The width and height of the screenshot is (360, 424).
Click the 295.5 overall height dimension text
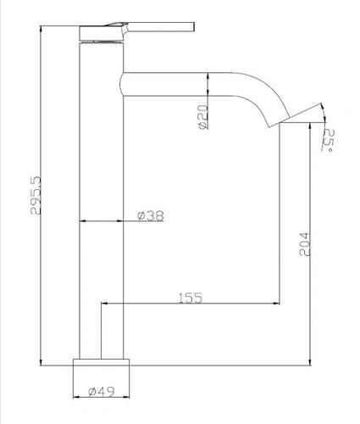point(36,195)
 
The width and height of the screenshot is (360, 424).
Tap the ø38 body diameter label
point(151,216)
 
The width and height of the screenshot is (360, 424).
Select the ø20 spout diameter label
point(203,117)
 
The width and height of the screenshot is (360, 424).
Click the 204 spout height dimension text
point(305,244)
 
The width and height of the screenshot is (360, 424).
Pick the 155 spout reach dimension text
point(191,298)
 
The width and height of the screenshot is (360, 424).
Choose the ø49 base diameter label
point(102,392)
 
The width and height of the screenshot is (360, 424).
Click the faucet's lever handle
point(158,26)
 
